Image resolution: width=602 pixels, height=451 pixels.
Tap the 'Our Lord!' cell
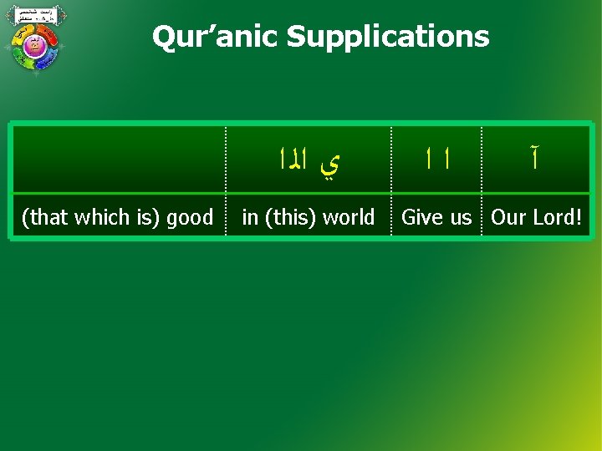click(536, 217)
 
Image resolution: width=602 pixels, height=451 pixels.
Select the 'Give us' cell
click(436, 217)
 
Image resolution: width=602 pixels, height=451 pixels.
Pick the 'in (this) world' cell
click(308, 217)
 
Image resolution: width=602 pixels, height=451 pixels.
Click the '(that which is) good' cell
click(117, 217)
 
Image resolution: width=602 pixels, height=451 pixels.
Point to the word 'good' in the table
click(190, 217)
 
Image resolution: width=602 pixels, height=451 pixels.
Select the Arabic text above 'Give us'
click(436, 160)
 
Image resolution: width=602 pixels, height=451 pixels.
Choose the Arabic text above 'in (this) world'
click(308, 160)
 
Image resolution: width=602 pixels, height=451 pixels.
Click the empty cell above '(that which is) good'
click(117, 160)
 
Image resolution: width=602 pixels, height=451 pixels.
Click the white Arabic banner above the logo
click(34, 14)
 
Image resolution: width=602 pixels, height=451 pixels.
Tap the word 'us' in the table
click(461, 217)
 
